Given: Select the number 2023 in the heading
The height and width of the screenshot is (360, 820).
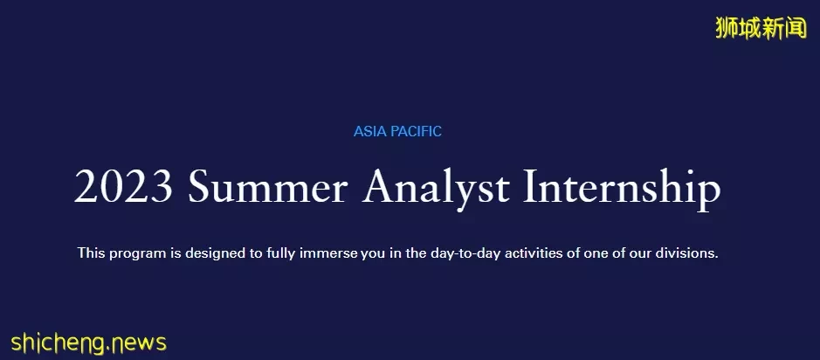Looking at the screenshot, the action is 123,186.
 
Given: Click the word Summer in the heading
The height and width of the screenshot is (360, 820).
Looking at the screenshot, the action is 268,186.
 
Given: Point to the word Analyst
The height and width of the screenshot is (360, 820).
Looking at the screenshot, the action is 436,190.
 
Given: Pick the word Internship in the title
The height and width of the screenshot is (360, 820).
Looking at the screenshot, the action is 623,190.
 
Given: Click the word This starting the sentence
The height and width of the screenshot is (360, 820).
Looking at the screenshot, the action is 92,253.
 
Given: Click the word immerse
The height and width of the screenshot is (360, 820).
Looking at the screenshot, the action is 329,253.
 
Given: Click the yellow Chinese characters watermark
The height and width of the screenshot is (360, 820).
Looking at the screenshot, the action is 761,27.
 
